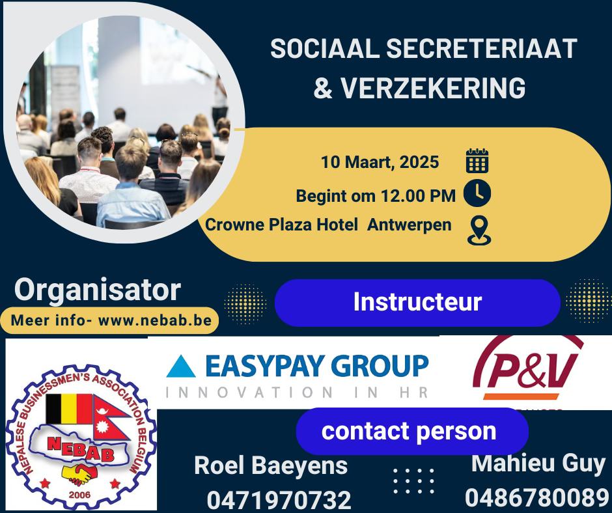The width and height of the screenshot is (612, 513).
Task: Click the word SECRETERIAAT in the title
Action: (482, 48)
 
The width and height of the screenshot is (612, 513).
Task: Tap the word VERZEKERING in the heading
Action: (434, 87)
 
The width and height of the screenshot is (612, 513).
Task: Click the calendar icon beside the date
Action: (477, 160)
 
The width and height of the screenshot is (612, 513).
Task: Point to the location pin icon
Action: (479, 230)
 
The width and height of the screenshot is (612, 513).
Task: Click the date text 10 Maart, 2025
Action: (380, 162)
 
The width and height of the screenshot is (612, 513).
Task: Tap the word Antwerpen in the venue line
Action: (409, 225)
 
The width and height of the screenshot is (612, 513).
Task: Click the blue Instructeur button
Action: (417, 303)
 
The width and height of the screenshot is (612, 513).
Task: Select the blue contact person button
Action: (412, 431)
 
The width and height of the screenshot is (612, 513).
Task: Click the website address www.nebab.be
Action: (155, 320)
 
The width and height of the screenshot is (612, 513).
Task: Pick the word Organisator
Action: (98, 290)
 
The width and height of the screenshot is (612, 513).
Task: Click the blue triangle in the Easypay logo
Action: (181, 366)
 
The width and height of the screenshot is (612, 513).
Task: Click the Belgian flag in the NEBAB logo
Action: (69, 409)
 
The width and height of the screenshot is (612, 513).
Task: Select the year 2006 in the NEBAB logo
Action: (79, 495)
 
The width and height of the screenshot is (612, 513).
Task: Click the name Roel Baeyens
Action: (271, 465)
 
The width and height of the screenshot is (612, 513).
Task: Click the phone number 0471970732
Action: (279, 500)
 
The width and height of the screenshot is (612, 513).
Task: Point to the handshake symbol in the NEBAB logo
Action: (80, 473)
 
